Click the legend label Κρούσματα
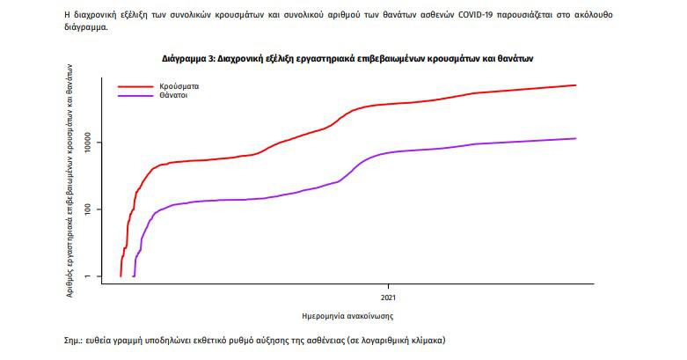point(178,87)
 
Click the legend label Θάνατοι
point(173,95)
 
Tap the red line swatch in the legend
point(135,87)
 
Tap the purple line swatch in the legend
point(135,95)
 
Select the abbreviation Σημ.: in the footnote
point(67,339)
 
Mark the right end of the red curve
point(576,85)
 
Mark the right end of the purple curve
point(576,138)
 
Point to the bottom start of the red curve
point(121,276)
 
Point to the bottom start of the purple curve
point(134,276)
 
